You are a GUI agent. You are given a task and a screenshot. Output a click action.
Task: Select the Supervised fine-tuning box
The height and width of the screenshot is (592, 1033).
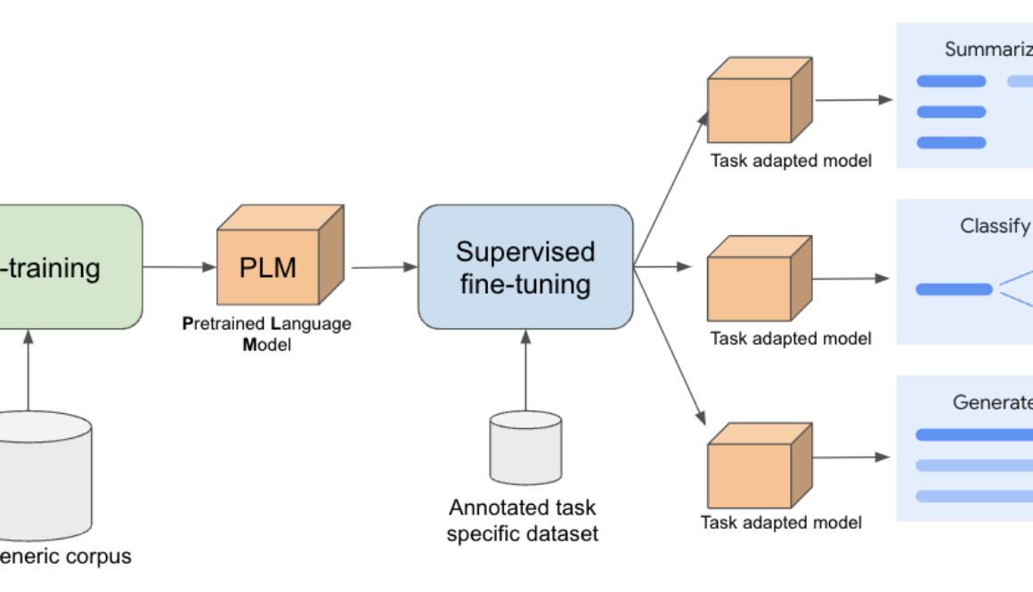point(525,267)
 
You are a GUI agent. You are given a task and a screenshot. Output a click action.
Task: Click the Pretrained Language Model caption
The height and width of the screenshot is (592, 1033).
point(267,334)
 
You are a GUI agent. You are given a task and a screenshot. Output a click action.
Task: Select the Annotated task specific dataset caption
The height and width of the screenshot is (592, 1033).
point(523,521)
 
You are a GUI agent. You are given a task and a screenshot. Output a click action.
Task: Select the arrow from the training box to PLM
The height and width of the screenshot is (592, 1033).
point(178,266)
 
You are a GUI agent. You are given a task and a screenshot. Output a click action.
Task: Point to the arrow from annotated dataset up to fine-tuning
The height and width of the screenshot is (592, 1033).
point(525,369)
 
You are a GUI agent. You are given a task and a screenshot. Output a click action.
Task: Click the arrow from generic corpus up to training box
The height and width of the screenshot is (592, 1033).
point(28,369)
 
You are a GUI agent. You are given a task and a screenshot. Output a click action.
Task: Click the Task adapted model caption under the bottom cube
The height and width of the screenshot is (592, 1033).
point(781,523)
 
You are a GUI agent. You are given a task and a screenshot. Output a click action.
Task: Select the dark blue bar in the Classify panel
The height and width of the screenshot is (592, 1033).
point(954,289)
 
